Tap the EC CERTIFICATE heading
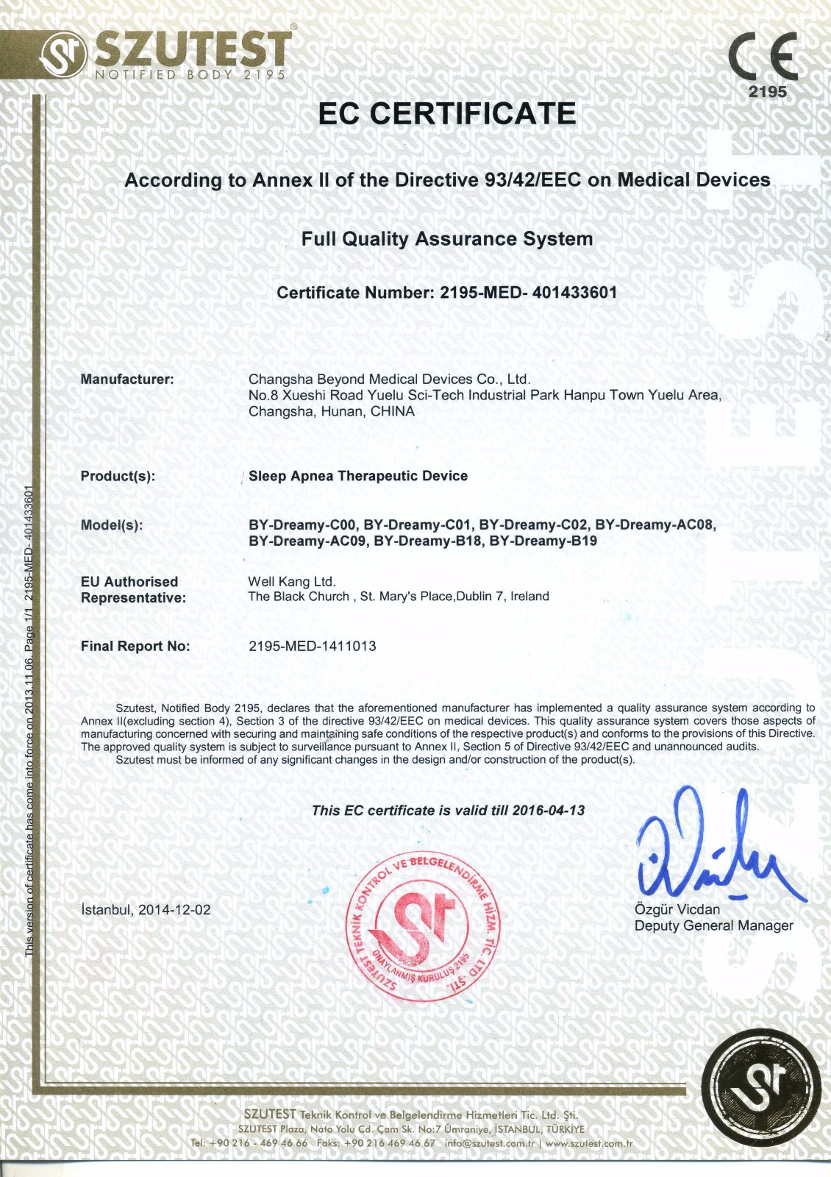(x=447, y=113)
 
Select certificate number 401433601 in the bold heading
(x=574, y=292)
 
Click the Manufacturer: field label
(x=127, y=380)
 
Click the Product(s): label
(x=118, y=476)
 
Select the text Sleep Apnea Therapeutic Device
(x=358, y=476)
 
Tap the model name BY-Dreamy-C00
(x=303, y=525)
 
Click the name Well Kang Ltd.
(x=292, y=582)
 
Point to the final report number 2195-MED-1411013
(x=313, y=647)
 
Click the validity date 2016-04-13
(x=548, y=811)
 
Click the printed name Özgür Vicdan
(x=677, y=910)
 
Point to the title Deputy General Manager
(x=713, y=926)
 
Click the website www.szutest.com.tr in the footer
(x=589, y=1143)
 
